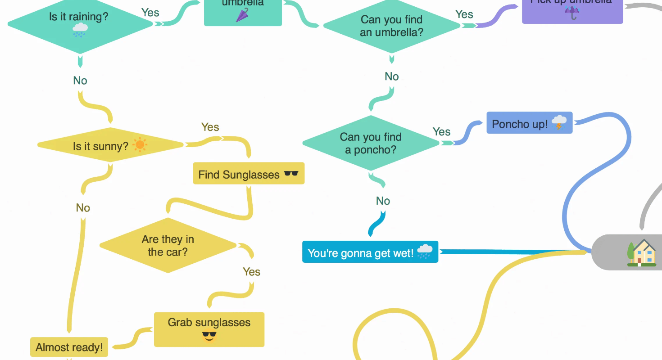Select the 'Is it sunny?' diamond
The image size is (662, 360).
point(110,145)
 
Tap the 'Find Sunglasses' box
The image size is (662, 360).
point(249,174)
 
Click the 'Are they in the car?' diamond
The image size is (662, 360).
point(168,245)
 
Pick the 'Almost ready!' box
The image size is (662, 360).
point(69,347)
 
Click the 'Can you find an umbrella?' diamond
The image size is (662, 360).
point(391,26)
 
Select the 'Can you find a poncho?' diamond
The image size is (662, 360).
point(371,143)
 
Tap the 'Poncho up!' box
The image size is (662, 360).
point(529,123)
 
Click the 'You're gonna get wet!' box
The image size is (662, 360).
point(370,252)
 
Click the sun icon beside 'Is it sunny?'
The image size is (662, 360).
point(140,145)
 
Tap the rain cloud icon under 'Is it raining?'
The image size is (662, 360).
point(80,30)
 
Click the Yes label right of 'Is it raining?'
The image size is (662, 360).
point(150,13)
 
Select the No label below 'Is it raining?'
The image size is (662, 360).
point(80,81)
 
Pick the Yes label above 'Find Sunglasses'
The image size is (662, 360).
point(210,127)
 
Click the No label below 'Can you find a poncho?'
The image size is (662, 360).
point(383,201)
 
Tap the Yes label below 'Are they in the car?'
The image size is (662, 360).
point(252,272)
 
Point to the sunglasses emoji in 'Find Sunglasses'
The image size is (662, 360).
point(291,174)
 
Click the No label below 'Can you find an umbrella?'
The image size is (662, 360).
point(392,76)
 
